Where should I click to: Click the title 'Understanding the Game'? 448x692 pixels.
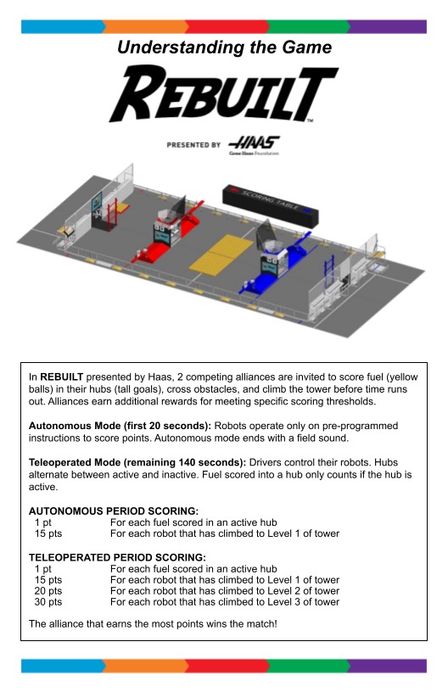point(224,47)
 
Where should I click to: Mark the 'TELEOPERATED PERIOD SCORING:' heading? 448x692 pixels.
point(117,557)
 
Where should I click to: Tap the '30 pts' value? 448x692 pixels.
point(48,602)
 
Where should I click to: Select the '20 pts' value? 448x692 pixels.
point(48,591)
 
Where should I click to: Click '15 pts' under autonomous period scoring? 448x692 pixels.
point(48,533)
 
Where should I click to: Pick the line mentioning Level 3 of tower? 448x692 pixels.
point(225,602)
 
